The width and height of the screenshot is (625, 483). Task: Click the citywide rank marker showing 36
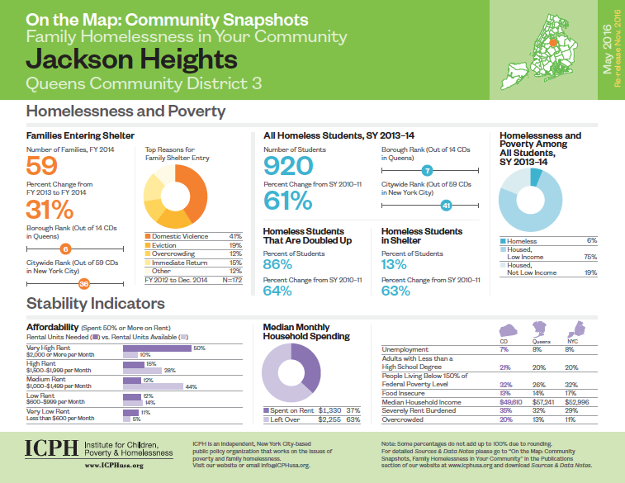83,284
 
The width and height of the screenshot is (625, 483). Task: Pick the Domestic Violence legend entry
178,236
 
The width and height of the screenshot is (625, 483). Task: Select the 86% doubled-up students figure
277,264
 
